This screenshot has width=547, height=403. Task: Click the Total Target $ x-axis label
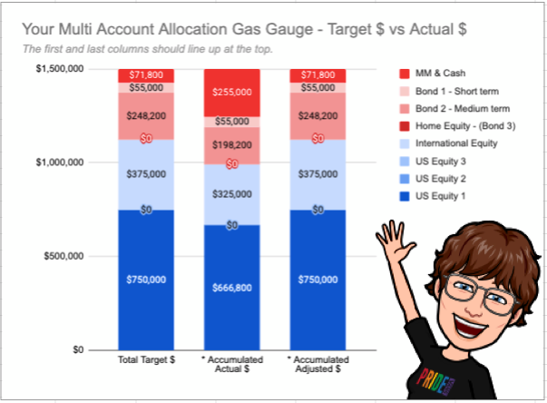(x=147, y=362)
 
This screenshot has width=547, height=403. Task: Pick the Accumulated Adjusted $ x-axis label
(x=317, y=367)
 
